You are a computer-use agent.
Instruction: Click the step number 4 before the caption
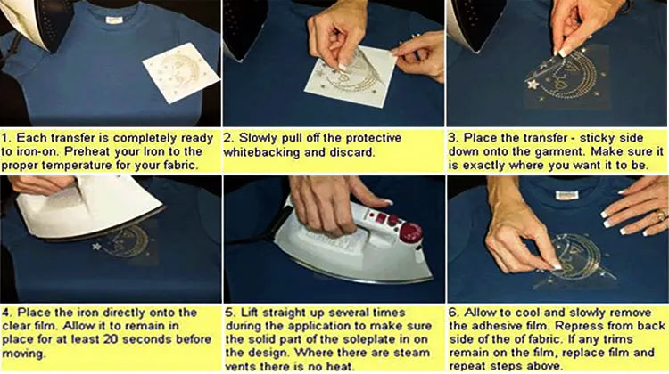click(8, 313)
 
